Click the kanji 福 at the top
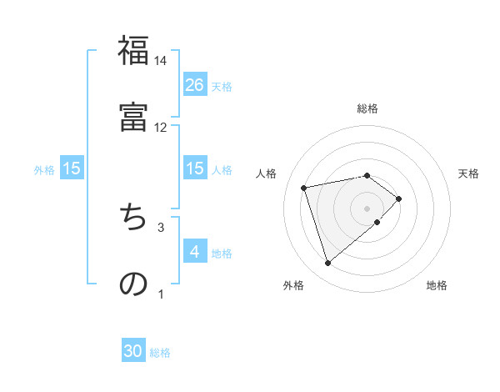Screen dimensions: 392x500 pyautogui.click(x=133, y=51)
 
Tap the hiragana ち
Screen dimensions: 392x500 pyautogui.click(x=133, y=216)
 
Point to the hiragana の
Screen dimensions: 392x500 pyautogui.click(x=133, y=283)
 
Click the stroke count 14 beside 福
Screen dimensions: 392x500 pyautogui.click(x=160, y=61)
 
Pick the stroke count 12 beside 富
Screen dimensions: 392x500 pyautogui.click(x=160, y=127)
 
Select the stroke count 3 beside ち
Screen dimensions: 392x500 pyautogui.click(x=161, y=226)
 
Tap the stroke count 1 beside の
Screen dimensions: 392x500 pyautogui.click(x=161, y=293)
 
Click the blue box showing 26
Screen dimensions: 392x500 pyautogui.click(x=195, y=84)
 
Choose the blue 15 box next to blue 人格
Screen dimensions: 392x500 pyautogui.click(x=195, y=168)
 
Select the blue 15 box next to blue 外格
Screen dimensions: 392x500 pyautogui.click(x=72, y=168)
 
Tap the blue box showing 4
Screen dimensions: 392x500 pyautogui.click(x=195, y=251)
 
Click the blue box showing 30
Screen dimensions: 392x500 pyautogui.click(x=133, y=351)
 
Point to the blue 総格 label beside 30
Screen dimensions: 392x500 pyautogui.click(x=160, y=353)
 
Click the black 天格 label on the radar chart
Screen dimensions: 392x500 pyautogui.click(x=468, y=173)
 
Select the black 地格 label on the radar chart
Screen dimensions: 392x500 pyautogui.click(x=437, y=286)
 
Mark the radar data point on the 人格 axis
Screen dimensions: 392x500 pyautogui.click(x=304, y=187)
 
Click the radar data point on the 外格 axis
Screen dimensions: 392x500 pyautogui.click(x=328, y=264)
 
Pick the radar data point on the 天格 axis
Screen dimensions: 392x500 pyautogui.click(x=399, y=199)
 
